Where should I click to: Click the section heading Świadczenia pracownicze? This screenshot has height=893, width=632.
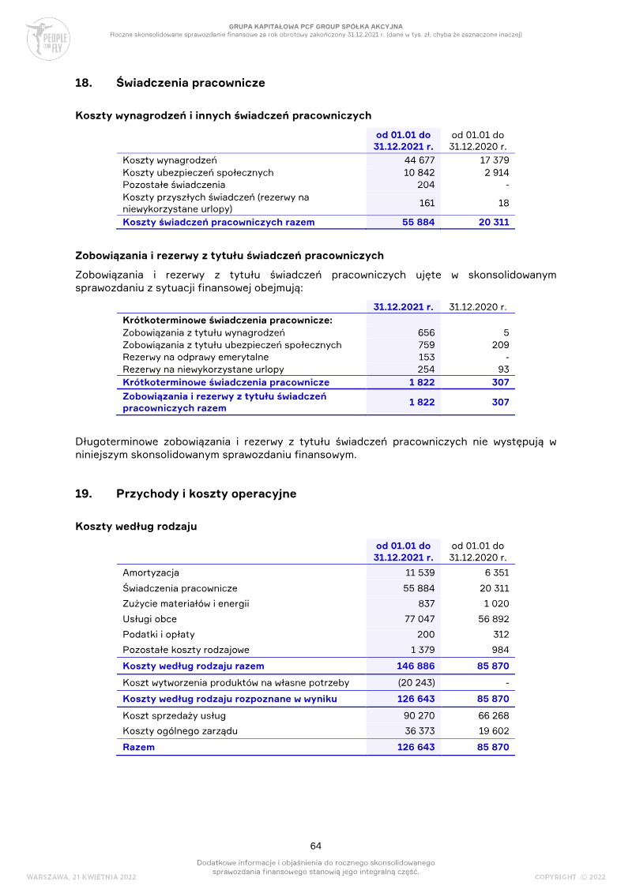190,82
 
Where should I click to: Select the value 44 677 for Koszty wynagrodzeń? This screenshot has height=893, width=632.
419,160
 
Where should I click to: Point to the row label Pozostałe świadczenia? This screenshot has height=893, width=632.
163,184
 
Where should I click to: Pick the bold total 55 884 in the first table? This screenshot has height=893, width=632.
418,222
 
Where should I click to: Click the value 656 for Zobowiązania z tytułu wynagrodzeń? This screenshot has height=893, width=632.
426,332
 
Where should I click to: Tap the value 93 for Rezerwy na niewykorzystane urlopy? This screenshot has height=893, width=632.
502,369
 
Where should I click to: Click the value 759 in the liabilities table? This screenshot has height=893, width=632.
426,344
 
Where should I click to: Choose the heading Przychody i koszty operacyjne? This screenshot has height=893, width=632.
206,493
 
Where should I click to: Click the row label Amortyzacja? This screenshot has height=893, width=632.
151,572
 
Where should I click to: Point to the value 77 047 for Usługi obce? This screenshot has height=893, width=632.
419,619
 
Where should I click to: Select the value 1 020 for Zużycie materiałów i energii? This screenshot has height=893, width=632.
495,603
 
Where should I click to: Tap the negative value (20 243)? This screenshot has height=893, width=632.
416,682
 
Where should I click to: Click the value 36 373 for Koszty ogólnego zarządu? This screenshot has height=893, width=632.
419,731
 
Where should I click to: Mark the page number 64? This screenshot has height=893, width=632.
316,846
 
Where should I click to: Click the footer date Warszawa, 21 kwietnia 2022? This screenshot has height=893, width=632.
81,876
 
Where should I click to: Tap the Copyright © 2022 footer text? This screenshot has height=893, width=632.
570,876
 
